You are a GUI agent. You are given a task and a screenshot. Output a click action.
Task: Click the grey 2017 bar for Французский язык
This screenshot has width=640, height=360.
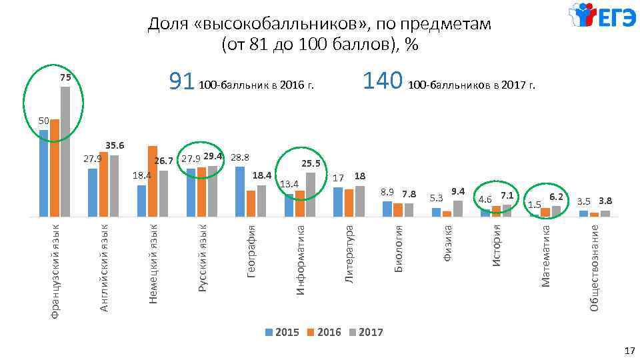coord(65,151)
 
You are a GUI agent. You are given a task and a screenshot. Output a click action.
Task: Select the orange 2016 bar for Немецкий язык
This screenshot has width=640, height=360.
coord(153,181)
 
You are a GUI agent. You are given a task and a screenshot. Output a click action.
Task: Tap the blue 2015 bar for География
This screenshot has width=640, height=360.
coord(240,191)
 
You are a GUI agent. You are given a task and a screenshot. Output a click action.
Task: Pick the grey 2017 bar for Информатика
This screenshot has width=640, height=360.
coord(310,194)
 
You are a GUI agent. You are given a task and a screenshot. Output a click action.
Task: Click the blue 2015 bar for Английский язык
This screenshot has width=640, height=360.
coord(93,192)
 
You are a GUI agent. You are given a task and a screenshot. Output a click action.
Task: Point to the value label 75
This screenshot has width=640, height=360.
coord(65,78)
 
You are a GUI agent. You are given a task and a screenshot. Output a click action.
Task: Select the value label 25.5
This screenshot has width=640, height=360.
coord(311,163)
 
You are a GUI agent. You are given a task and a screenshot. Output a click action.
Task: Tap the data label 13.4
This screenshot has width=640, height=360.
coord(289,183)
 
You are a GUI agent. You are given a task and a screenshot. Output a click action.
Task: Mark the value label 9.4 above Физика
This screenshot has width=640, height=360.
coord(457,192)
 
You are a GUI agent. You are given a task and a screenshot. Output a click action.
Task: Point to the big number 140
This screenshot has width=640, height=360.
coord(382,81)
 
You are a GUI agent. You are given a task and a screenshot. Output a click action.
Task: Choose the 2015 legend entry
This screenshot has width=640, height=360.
coord(283,332)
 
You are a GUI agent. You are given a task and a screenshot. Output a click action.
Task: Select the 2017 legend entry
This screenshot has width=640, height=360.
coord(366,332)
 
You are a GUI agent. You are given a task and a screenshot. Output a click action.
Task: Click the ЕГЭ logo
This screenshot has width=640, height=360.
coord(602,17)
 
